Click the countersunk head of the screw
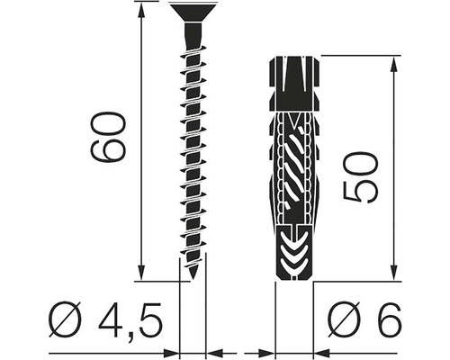coord(193,12)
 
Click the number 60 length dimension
coord(109,137)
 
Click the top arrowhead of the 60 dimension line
coord(142,8)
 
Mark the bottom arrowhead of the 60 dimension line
coord(142,274)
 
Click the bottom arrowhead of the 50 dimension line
coord(393,274)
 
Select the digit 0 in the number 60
coord(109,121)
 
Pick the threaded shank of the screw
coord(193,144)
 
